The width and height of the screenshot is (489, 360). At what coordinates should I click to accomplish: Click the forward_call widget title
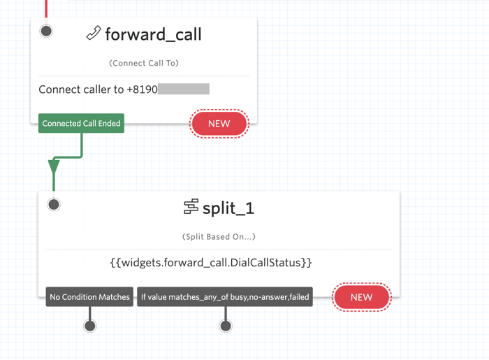click(x=153, y=34)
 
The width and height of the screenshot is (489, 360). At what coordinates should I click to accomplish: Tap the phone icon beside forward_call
click(x=94, y=33)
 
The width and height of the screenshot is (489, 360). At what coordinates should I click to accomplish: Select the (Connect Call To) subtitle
click(x=144, y=63)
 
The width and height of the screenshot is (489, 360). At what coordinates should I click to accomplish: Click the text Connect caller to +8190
click(x=98, y=89)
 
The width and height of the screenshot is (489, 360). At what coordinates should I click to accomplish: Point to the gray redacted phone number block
click(x=184, y=89)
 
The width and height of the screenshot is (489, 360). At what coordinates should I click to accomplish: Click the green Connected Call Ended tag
click(x=81, y=123)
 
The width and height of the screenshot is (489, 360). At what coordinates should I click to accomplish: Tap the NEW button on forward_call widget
click(x=219, y=124)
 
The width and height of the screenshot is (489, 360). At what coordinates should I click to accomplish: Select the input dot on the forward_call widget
click(x=46, y=31)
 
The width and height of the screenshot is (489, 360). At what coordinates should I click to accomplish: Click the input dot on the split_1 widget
click(x=54, y=205)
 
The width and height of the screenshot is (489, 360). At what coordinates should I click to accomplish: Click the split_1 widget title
click(x=228, y=208)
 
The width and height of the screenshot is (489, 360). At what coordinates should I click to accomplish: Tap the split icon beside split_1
click(x=191, y=206)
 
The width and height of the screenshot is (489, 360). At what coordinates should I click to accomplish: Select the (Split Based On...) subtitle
click(x=219, y=237)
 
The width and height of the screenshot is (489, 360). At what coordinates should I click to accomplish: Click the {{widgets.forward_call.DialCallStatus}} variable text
click(x=211, y=262)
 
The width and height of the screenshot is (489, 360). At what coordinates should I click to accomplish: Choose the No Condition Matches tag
click(x=89, y=296)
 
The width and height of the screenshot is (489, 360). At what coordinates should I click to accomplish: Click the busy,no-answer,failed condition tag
click(x=225, y=296)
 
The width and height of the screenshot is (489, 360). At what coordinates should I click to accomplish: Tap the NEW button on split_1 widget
click(x=362, y=297)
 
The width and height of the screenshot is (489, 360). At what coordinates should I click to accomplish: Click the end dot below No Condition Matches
click(x=90, y=326)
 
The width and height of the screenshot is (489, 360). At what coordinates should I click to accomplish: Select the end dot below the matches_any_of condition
click(x=226, y=326)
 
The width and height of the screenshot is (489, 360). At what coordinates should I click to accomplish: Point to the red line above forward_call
click(x=46, y=8)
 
